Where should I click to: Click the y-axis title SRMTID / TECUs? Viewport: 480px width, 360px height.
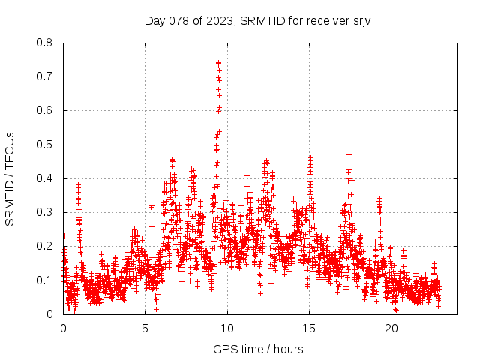(x=10, y=178)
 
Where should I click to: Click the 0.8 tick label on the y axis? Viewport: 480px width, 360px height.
(x=44, y=43)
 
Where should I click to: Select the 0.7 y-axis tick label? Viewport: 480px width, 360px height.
(x=44, y=76)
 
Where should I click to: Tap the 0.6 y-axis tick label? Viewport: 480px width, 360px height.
(x=44, y=110)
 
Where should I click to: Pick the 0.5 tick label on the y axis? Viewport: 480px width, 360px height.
(x=44, y=145)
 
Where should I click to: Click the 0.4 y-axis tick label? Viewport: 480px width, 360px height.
(x=44, y=178)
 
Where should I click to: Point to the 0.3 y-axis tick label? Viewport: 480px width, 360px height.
(x=44, y=212)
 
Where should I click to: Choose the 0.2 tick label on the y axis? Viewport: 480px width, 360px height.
(x=44, y=246)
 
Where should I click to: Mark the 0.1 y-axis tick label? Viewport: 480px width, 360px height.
(x=44, y=280)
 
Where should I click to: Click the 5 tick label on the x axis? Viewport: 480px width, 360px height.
(x=145, y=328)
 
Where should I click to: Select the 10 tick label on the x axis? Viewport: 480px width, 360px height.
(x=227, y=328)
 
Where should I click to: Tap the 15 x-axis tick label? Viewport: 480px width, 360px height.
(x=309, y=328)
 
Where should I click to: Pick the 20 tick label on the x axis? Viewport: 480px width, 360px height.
(x=391, y=328)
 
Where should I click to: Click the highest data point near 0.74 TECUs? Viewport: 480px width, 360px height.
(x=218, y=63)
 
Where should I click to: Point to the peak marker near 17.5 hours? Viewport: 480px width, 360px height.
(x=349, y=154)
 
